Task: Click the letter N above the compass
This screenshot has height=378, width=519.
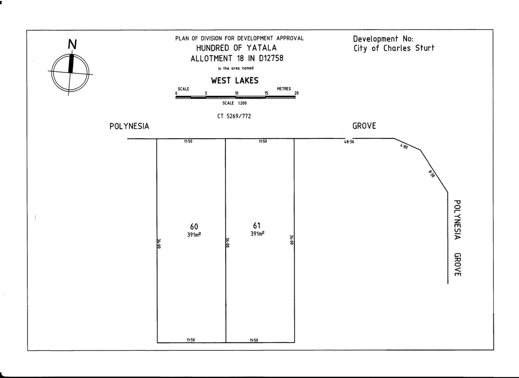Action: (72, 45)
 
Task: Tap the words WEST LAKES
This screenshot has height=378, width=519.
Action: (234, 81)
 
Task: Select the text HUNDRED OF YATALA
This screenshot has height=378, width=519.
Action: (236, 48)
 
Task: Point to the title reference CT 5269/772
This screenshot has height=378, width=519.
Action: (234, 116)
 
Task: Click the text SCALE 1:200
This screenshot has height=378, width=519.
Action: (234, 103)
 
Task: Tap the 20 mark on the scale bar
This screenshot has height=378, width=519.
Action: (296, 93)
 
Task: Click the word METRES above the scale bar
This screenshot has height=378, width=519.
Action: (284, 89)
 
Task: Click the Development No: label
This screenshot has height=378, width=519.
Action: (383, 39)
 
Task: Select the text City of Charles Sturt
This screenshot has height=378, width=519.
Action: (394, 48)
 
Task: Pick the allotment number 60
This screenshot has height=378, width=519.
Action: (194, 227)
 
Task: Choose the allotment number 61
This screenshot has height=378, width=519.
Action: (257, 226)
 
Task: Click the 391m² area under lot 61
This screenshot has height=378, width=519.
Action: (257, 234)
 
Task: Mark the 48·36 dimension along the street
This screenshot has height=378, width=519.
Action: (349, 142)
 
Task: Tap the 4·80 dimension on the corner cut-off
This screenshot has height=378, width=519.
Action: (404, 147)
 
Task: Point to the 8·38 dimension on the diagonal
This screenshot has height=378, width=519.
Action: (432, 174)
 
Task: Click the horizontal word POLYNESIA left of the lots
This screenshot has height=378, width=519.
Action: (129, 126)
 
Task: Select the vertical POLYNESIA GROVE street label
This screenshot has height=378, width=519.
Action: (457, 238)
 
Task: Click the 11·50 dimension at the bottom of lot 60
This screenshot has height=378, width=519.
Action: (190, 340)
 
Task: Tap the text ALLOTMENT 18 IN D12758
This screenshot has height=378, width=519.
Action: (237, 58)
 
